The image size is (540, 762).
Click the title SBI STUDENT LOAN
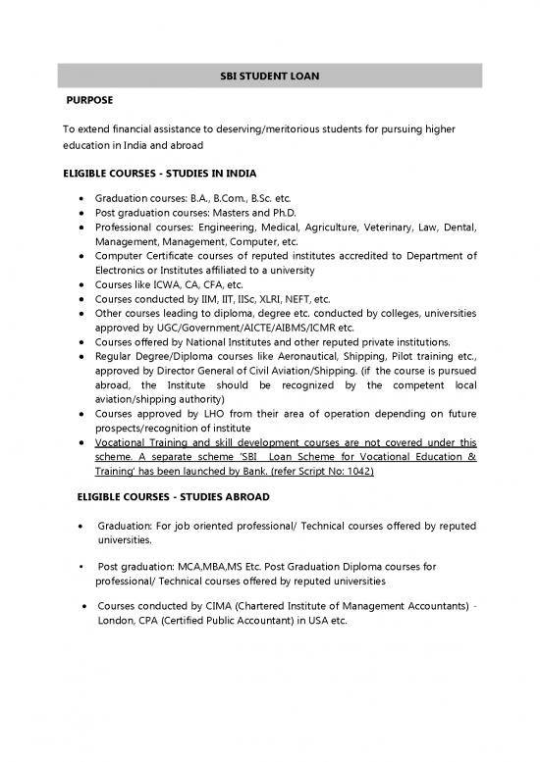pos(269,76)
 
